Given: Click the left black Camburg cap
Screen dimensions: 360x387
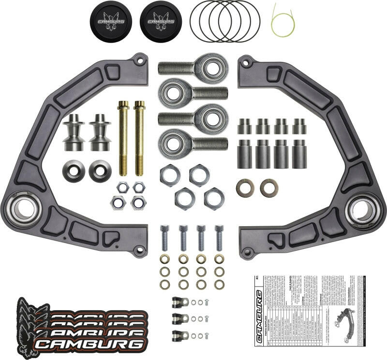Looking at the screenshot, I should coord(111,21).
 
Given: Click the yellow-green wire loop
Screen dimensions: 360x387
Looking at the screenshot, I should coord(281,22).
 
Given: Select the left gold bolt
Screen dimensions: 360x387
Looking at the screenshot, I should coord(123,138).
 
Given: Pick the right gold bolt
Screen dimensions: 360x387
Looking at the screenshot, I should coord(139,138).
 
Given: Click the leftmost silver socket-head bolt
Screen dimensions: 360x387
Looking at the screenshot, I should coord(165,238).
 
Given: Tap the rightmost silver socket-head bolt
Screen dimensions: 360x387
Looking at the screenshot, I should coord(219,238).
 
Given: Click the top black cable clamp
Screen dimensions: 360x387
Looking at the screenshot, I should coord(180,302).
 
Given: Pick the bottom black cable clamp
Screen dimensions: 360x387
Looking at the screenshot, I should coord(180,334).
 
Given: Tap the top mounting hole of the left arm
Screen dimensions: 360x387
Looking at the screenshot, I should coord(140,61).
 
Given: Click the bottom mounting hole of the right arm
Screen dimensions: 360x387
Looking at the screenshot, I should coord(247,251).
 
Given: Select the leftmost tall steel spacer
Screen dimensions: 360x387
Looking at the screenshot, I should coord(245,154).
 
